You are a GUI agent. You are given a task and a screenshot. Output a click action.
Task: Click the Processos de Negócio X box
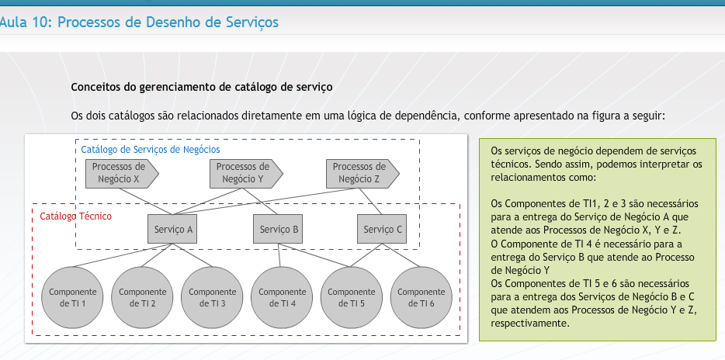(x=122, y=174)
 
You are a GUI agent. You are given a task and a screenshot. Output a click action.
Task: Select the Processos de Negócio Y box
(x=246, y=174)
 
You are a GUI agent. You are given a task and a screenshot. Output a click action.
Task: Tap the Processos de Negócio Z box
(x=362, y=174)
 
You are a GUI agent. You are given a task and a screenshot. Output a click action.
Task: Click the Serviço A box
(x=172, y=229)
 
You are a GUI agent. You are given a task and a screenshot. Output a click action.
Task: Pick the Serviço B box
(x=278, y=229)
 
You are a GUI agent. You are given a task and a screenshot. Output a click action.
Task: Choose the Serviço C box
(x=382, y=229)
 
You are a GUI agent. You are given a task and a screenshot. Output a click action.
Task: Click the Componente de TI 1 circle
(x=73, y=298)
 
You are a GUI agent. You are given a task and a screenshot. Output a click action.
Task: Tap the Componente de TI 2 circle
(x=142, y=298)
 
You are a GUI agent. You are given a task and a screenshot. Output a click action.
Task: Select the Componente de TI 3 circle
(x=212, y=298)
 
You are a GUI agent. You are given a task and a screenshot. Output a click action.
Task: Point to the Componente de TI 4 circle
(x=282, y=298)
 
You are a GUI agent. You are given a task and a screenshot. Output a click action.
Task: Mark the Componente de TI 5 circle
(x=352, y=298)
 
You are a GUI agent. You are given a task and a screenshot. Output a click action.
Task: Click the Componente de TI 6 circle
(x=421, y=298)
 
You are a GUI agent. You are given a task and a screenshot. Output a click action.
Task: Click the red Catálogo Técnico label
(x=76, y=216)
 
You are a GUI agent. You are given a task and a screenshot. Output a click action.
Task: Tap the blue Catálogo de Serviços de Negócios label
(x=151, y=150)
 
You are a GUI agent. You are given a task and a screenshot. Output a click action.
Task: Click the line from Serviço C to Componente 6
(x=401, y=255)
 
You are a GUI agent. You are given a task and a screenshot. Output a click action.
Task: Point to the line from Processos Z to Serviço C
(x=370, y=202)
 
